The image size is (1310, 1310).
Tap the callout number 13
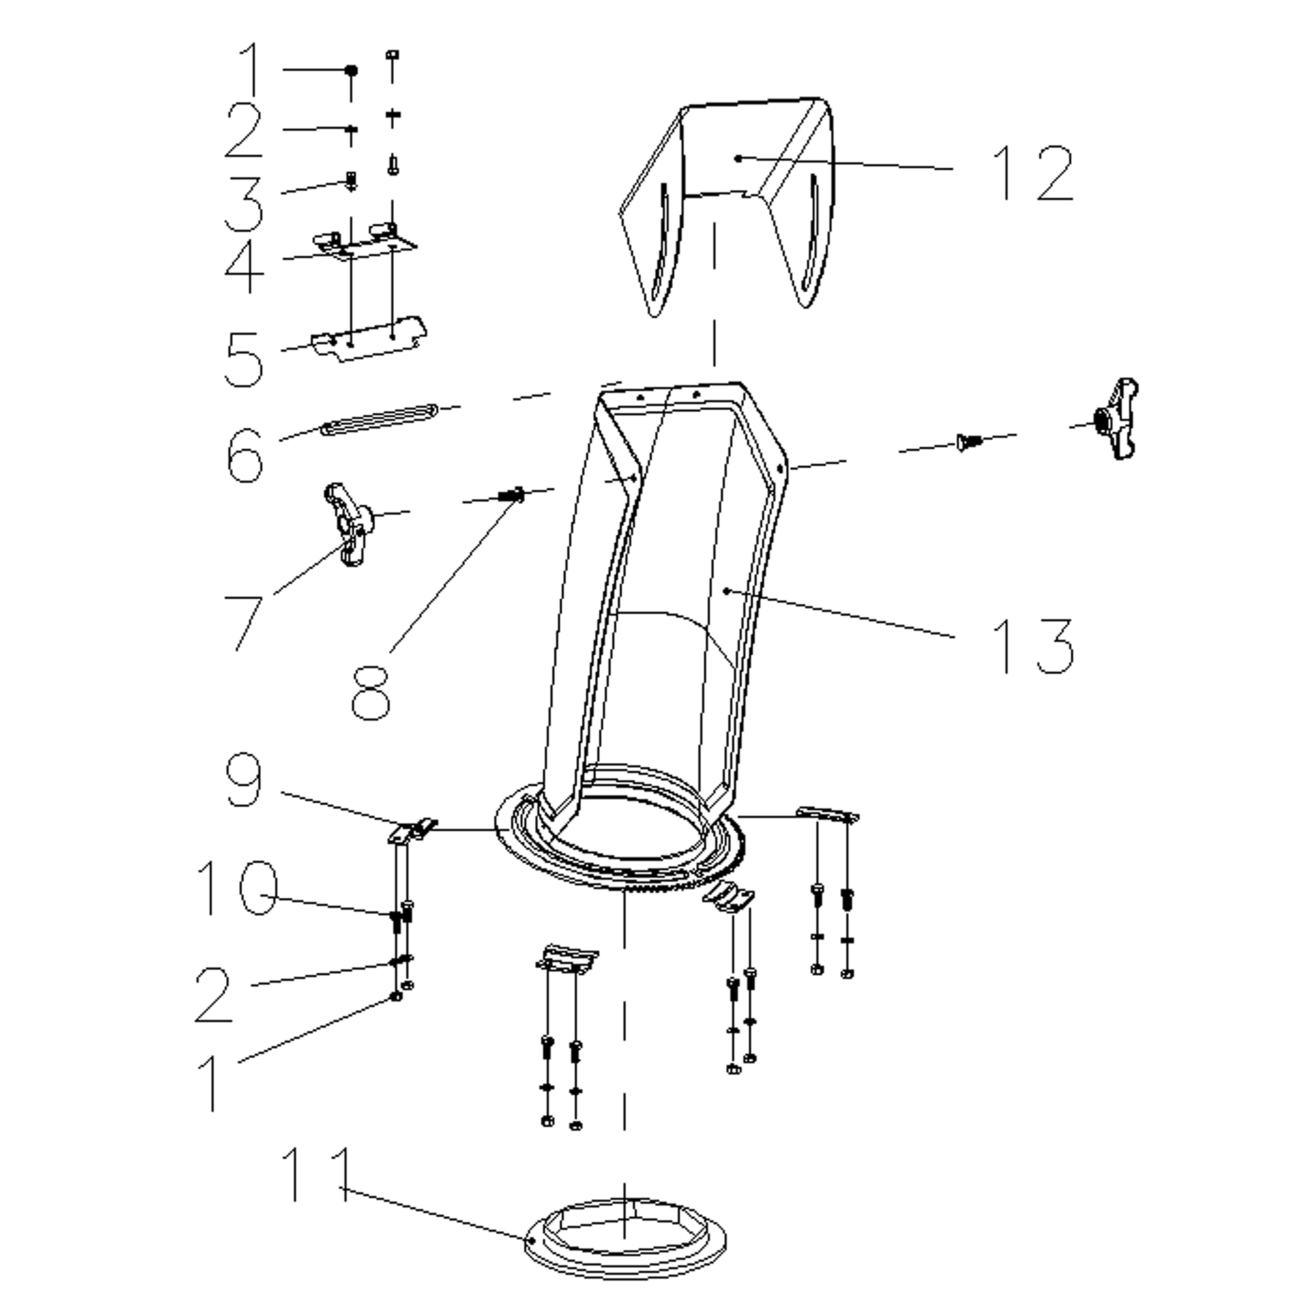(x=1033, y=646)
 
